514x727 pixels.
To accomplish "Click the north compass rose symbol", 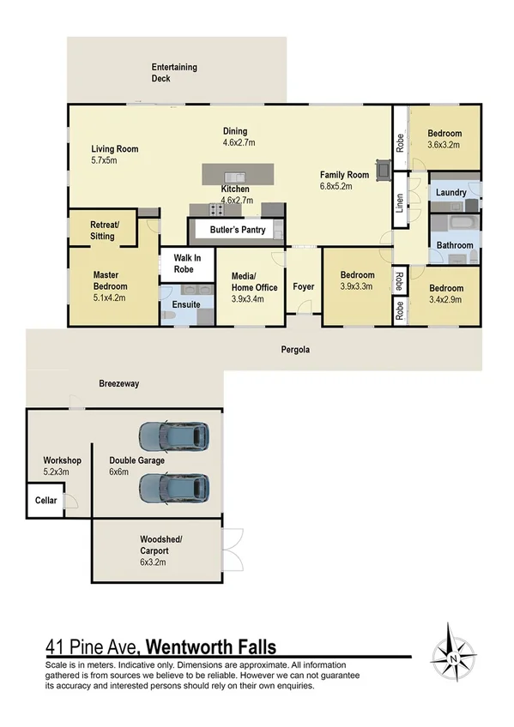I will (x=461, y=652).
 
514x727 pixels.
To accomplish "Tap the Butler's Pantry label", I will (x=232, y=231).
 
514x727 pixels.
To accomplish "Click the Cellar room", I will (x=45, y=501).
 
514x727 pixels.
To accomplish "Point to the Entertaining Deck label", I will (x=173, y=73).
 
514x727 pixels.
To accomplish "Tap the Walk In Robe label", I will (x=186, y=262).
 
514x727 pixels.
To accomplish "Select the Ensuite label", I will (x=185, y=304).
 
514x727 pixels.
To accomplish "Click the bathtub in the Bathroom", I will (x=453, y=225).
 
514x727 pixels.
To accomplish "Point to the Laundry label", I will (x=451, y=193).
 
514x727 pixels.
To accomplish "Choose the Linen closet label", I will (x=400, y=203).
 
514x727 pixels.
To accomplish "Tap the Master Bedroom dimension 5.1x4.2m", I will (x=110, y=299).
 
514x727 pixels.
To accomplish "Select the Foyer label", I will (x=304, y=287).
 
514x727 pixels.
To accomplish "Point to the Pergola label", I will (x=295, y=351).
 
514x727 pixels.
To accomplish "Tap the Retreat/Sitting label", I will (x=102, y=230).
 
